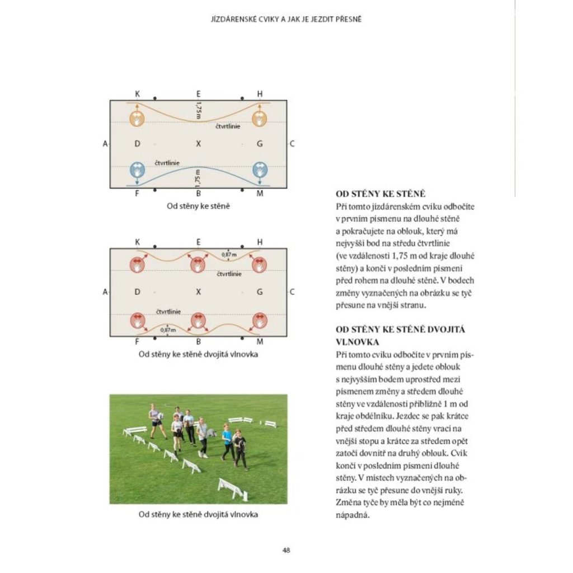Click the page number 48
click(x=286, y=549)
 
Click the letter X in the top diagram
click(x=198, y=144)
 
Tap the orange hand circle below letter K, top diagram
click(x=137, y=119)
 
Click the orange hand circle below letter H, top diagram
click(x=259, y=119)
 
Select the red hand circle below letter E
click(x=198, y=265)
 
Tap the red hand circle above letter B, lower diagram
click(x=198, y=321)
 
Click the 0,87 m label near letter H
click(x=228, y=255)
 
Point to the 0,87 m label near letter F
click(x=167, y=330)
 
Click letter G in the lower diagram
click(x=260, y=292)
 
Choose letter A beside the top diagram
click(x=105, y=144)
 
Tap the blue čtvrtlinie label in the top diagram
click(x=167, y=162)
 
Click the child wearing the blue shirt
click(x=227, y=442)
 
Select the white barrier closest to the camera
click(x=232, y=489)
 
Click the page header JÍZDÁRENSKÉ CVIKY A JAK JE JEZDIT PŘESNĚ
click(x=286, y=19)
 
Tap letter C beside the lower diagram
click(x=292, y=292)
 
